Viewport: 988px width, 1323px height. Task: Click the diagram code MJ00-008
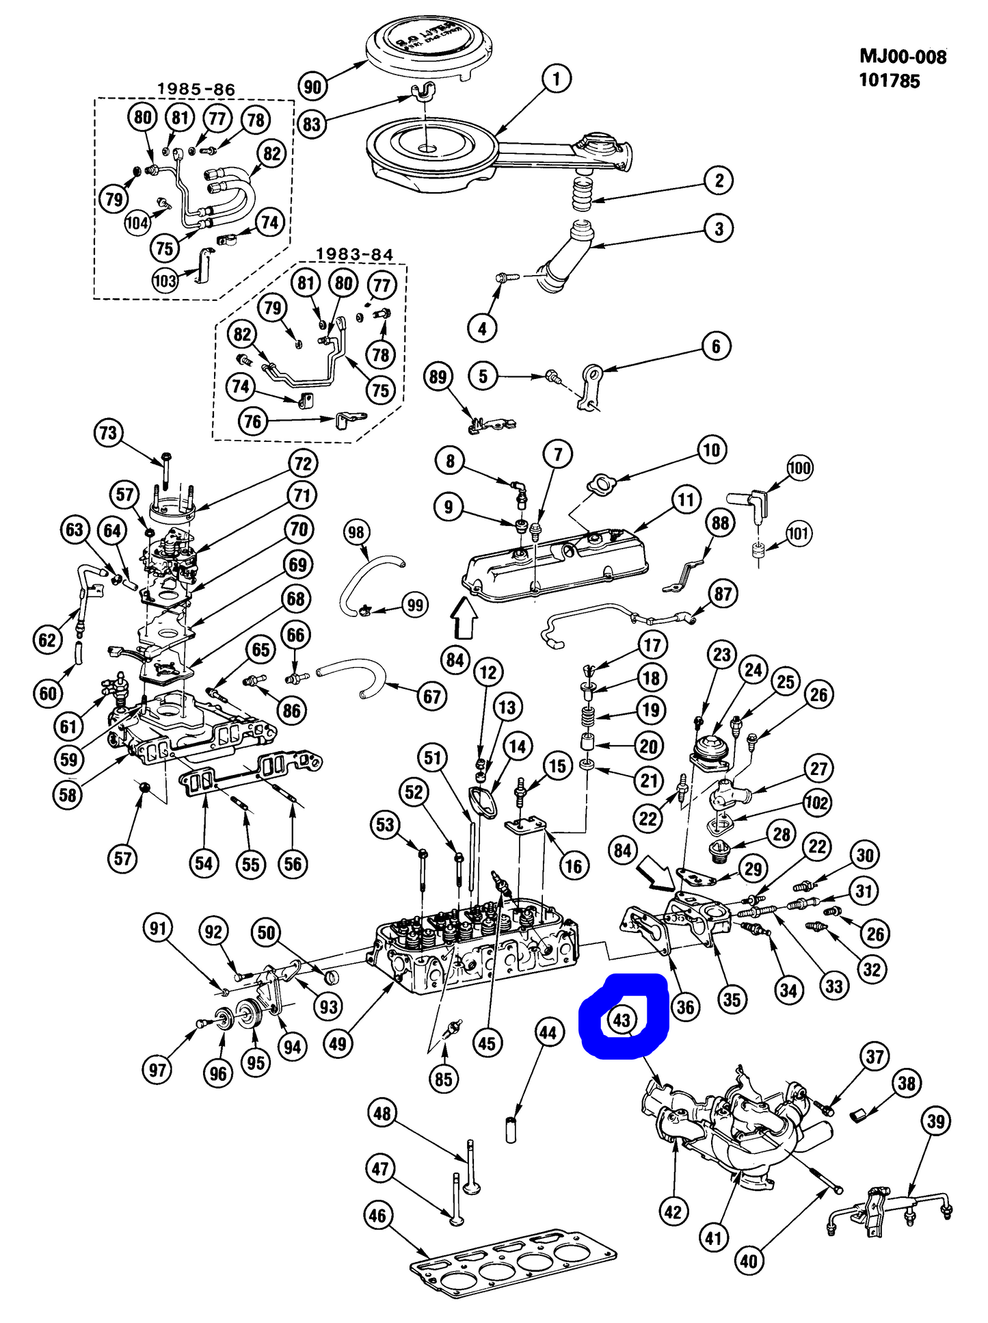[x=903, y=57]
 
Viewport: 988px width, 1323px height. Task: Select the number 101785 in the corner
[x=889, y=81]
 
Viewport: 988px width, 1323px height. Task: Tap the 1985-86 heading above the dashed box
[x=196, y=90]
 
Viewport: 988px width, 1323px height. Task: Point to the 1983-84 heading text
[x=354, y=254]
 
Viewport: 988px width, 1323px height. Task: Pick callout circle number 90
[x=312, y=87]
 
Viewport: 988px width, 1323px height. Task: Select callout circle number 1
[x=557, y=79]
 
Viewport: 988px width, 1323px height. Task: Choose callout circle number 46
[x=377, y=1216]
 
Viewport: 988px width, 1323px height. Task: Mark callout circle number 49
[x=338, y=1044]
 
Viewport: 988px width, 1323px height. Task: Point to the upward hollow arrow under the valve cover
[x=464, y=616]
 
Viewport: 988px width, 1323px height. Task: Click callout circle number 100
[x=799, y=469]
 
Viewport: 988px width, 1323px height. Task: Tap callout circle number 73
[x=108, y=433]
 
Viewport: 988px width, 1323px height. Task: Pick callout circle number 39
[x=935, y=1121]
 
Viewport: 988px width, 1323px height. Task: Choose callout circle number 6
[x=716, y=347]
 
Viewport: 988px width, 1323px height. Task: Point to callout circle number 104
[x=137, y=222]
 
